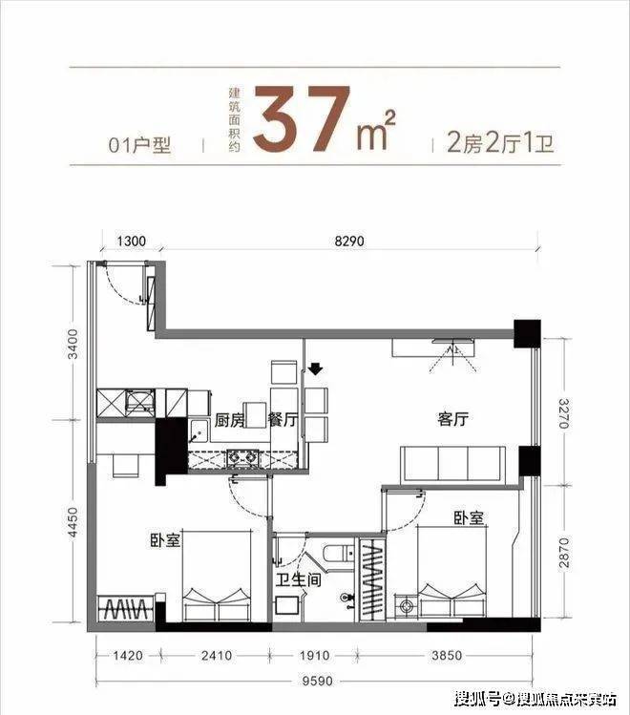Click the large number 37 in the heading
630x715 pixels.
(302, 118)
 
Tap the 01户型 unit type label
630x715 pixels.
(139, 145)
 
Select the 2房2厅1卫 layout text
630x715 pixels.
(500, 144)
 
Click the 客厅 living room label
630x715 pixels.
(452, 419)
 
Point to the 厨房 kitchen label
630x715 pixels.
(229, 420)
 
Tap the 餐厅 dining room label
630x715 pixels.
(283, 420)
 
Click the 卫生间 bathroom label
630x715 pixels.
(299, 580)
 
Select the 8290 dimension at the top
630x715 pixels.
(349, 241)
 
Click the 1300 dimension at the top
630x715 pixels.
(132, 241)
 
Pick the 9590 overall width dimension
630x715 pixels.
(318, 682)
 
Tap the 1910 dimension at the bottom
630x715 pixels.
(314, 656)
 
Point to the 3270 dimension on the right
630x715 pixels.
(564, 413)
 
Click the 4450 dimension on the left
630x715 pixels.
(73, 522)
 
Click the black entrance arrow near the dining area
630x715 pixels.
(315, 368)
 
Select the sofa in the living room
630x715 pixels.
(452, 465)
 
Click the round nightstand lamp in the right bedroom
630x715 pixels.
(405, 606)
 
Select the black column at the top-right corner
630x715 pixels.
(527, 334)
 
